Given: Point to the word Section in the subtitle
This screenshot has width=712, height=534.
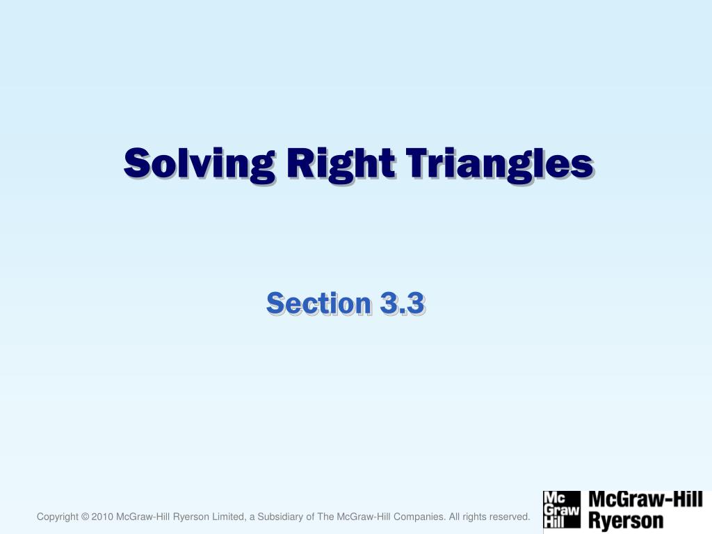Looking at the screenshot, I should click(x=318, y=304).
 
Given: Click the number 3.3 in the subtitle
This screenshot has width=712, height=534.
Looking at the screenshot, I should click(x=402, y=304).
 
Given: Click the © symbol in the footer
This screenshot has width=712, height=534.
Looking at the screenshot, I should click(x=85, y=517).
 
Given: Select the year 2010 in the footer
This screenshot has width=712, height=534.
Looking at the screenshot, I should click(x=102, y=517).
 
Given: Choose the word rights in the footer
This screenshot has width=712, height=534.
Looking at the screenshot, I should click(x=475, y=517).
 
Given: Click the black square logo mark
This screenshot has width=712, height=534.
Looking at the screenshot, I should click(x=561, y=510).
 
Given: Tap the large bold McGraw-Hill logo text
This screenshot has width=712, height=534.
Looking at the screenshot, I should click(x=646, y=499).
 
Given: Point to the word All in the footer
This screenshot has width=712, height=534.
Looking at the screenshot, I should click(x=455, y=517).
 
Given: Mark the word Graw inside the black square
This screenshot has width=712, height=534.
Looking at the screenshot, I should click(x=561, y=510).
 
